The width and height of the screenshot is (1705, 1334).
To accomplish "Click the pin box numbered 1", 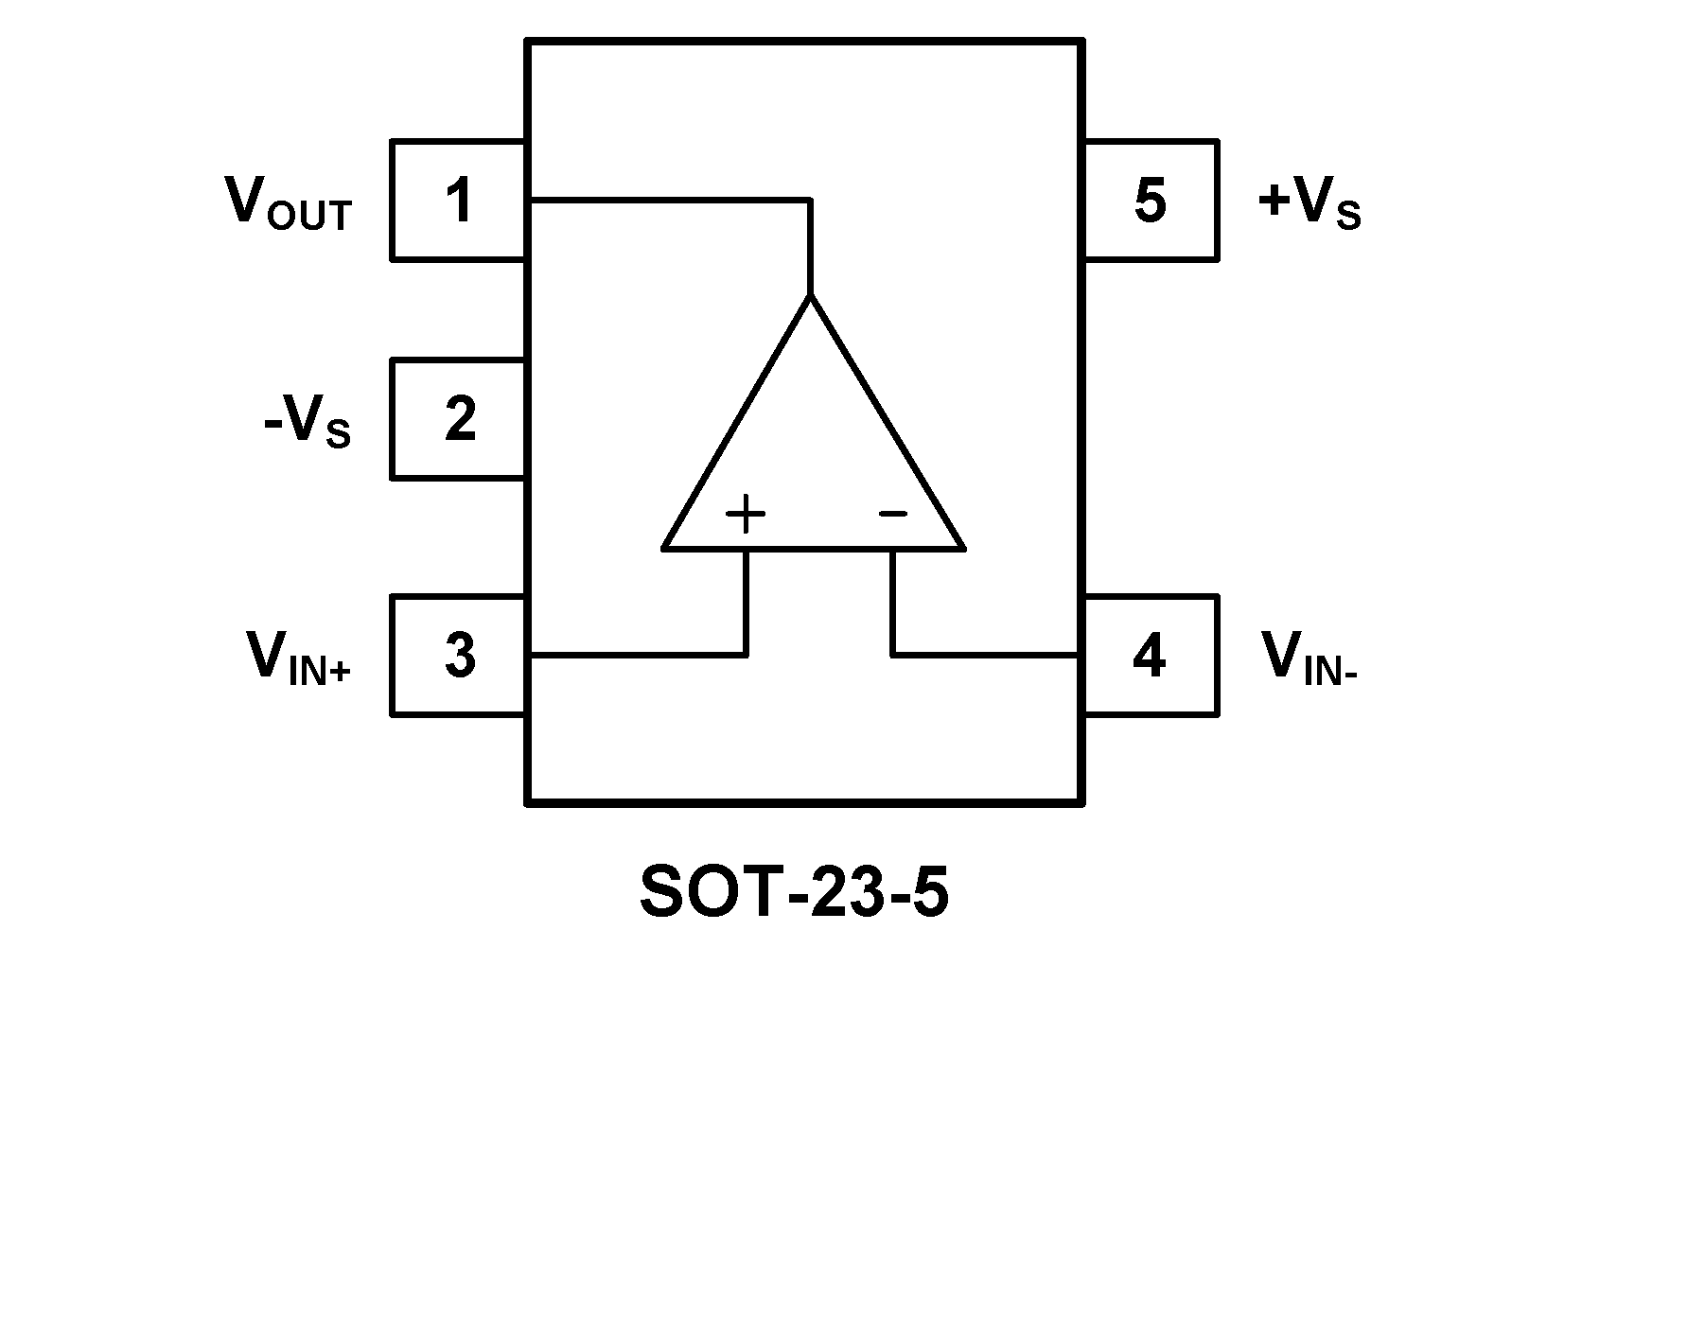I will coord(458,201).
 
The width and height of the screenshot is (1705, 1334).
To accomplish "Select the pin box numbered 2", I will coord(458,419).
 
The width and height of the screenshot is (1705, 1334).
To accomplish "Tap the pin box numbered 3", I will coord(458,655).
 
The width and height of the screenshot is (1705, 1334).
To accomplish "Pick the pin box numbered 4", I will coord(1150,655).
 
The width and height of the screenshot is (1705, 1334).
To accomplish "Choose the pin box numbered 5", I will coord(1150,201).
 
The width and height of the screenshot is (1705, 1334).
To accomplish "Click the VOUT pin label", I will coord(288,202).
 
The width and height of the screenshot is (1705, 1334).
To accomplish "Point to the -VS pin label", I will coord(308,422).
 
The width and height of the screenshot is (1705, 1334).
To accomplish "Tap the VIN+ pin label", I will coord(298,658).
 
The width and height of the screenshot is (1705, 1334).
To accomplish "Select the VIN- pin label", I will coord(1310,658).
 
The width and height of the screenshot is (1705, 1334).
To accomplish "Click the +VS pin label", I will coord(1310,202).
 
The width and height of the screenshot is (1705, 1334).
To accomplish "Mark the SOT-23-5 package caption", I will coord(794,892).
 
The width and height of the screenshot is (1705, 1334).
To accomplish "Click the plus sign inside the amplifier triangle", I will coord(746,515).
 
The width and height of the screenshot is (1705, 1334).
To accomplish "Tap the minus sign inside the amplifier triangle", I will coord(892,514).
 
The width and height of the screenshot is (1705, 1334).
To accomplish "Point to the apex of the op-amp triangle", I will coord(810,297).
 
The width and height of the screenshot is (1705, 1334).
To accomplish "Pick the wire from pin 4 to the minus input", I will coord(984,654).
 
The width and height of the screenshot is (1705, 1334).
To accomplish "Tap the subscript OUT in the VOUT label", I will coord(309,217).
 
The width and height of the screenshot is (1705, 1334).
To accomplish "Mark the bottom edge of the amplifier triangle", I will coord(814,548).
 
